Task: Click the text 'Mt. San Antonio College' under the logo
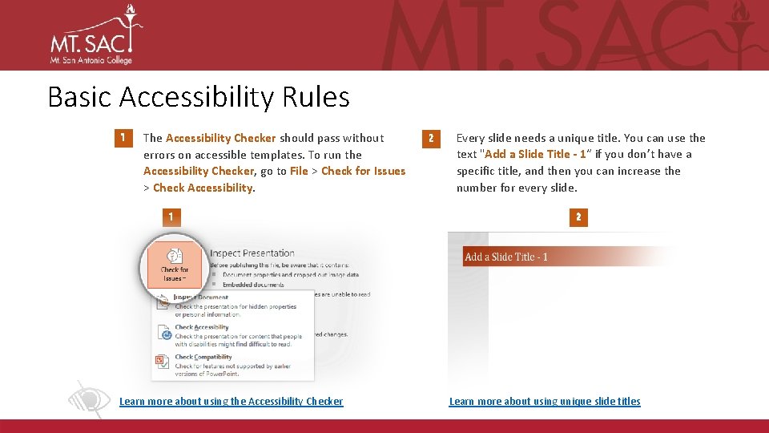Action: click(91, 60)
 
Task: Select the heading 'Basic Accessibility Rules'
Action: click(199, 97)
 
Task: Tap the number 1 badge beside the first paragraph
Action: click(121, 139)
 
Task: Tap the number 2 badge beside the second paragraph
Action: click(430, 139)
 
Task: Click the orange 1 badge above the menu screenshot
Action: click(170, 216)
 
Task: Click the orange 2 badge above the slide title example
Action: click(578, 216)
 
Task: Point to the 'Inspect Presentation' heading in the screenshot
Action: click(252, 253)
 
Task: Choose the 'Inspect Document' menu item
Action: click(201, 297)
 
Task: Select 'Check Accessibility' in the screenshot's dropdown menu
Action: click(202, 327)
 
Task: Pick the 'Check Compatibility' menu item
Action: click(203, 357)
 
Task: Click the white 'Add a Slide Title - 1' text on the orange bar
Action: click(506, 257)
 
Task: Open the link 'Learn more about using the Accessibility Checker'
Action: click(231, 401)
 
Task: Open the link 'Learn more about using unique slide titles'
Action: click(545, 401)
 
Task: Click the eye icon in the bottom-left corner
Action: click(87, 399)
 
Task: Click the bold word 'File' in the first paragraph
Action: click(299, 171)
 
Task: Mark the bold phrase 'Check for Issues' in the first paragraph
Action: click(363, 171)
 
